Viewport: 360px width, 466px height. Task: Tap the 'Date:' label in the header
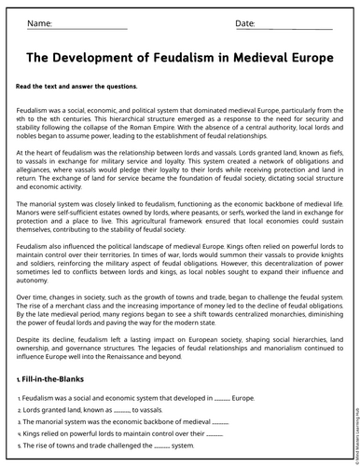coord(245,22)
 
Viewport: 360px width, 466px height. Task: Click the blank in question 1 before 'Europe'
coord(221,398)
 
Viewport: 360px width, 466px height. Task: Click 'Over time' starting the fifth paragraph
coord(34,296)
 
